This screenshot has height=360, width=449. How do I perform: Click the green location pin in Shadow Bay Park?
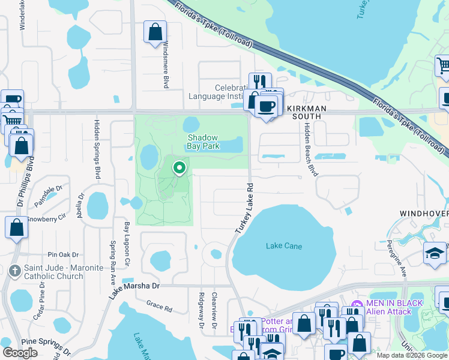(x=179, y=168)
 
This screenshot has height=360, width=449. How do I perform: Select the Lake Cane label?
(x=284, y=246)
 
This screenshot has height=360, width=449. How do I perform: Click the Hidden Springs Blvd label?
(x=97, y=149)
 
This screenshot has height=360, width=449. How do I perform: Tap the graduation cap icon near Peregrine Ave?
(x=435, y=253)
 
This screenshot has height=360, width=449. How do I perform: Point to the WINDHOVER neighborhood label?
(x=424, y=214)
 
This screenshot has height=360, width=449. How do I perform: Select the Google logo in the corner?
(x=20, y=353)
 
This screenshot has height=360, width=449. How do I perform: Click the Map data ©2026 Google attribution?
(x=412, y=355)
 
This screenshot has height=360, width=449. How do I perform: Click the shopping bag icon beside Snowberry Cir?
(x=16, y=228)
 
